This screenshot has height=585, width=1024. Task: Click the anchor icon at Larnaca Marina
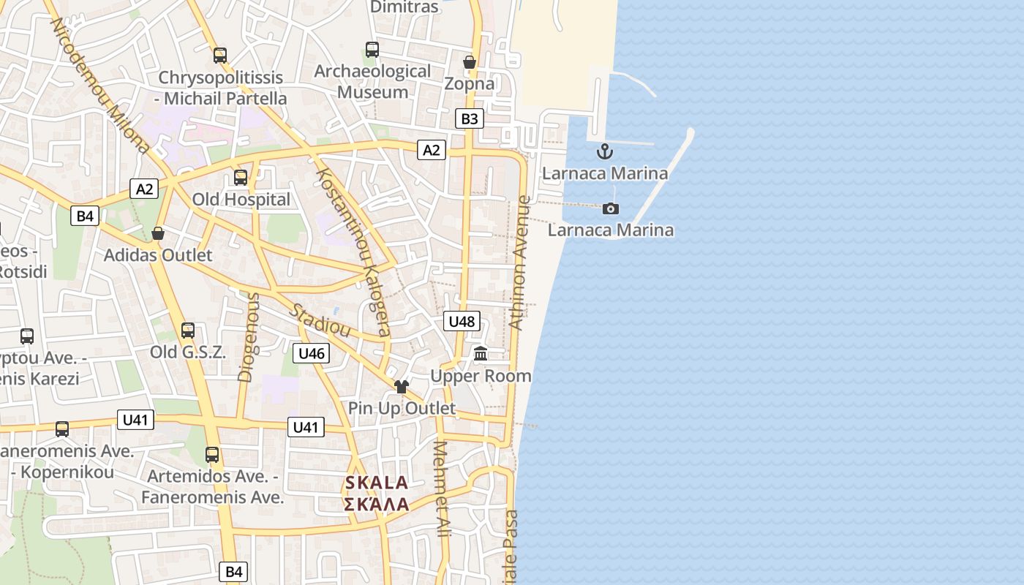click(x=604, y=152)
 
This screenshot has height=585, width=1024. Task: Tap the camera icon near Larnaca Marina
click(x=611, y=209)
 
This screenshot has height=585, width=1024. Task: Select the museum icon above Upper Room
click(x=481, y=355)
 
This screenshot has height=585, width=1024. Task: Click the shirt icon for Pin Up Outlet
click(x=401, y=387)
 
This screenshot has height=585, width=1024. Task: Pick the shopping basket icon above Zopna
click(x=470, y=62)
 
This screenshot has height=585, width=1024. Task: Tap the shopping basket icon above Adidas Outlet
click(x=158, y=233)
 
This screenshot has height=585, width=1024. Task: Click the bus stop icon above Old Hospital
click(x=241, y=177)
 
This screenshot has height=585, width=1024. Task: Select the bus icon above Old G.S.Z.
click(x=188, y=331)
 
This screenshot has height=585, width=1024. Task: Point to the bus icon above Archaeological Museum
click(x=372, y=50)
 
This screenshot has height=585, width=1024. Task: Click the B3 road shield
click(x=470, y=118)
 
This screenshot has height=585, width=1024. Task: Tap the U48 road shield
click(x=462, y=321)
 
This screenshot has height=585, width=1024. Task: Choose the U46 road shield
click(x=312, y=354)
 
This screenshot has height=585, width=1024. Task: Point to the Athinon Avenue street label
click(x=519, y=262)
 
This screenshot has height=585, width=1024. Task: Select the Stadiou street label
click(x=320, y=320)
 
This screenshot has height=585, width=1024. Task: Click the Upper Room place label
click(x=481, y=376)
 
